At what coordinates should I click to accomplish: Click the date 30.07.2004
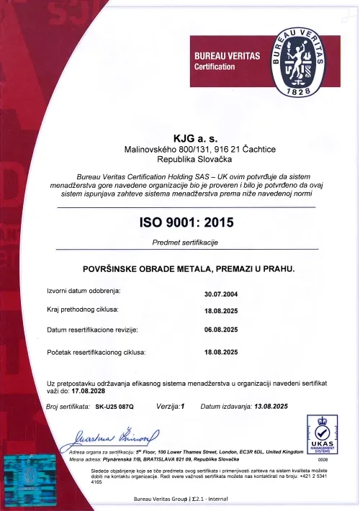[221, 294]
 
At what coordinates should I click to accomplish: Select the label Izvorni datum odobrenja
[84, 291]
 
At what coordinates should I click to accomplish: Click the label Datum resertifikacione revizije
[92, 330]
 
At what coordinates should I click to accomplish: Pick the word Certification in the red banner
[215, 67]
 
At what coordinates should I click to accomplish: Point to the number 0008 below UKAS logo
[323, 458]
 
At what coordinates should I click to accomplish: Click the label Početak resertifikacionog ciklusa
[96, 353]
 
